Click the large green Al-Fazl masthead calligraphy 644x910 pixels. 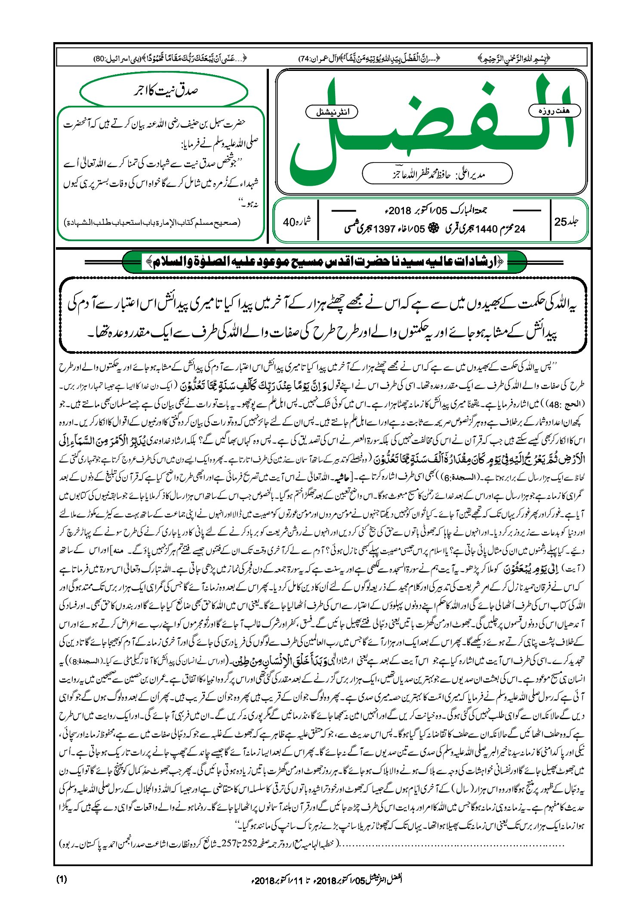[430, 129]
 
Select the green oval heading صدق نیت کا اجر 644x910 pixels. [164, 91]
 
